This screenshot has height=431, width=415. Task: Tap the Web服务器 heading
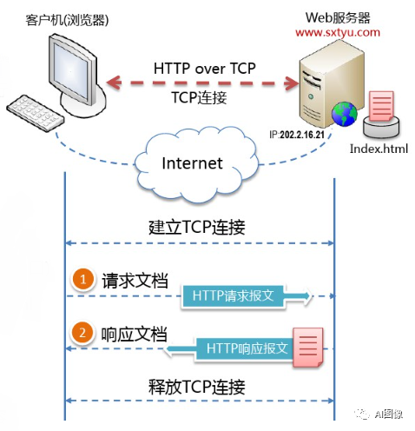point(336,17)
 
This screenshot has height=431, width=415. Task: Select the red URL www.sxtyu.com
point(338,32)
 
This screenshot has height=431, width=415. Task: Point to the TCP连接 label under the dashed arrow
point(199,98)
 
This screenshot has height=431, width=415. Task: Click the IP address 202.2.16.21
point(299,136)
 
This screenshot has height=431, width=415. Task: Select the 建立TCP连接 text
point(197,229)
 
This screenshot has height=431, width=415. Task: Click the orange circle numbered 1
point(82,280)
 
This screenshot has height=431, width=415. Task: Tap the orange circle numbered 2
point(82,334)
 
